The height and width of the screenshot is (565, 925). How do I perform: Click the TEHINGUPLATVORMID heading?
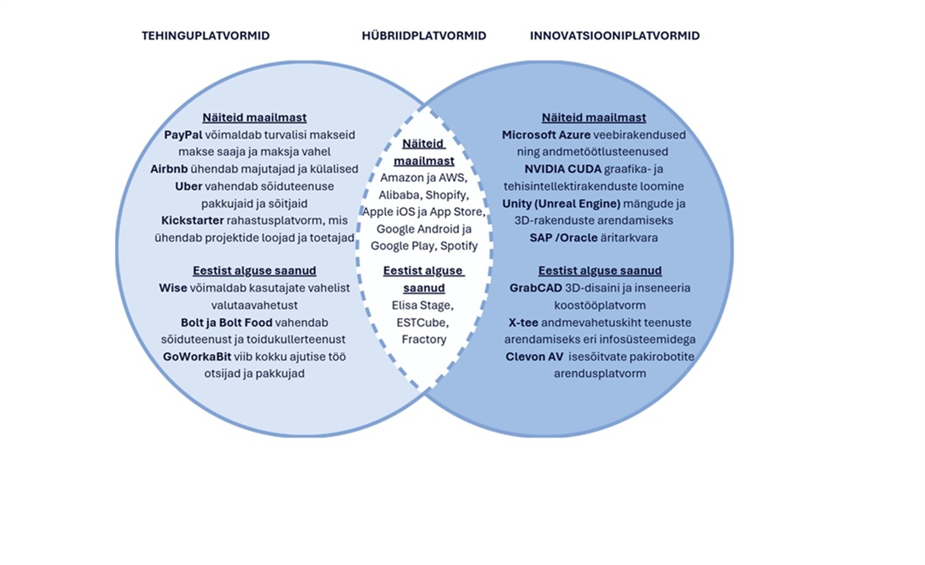[205, 36]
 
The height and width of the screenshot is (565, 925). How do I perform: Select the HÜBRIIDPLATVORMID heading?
[424, 36]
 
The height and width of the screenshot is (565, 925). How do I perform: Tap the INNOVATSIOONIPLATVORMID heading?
[615, 36]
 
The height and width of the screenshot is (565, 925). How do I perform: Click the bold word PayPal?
[183, 135]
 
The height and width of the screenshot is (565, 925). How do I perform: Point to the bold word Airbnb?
[169, 169]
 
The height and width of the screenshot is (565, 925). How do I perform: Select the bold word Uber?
[188, 186]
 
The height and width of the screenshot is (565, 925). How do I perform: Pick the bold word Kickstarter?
[192, 220]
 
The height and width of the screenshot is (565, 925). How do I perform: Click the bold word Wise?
[173, 288]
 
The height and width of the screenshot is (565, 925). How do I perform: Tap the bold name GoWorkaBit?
[197, 356]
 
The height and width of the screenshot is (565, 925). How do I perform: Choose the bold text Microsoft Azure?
[546, 135]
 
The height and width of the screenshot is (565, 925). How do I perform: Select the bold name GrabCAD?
[536, 288]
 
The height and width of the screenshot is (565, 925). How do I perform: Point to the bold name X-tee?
[523, 322]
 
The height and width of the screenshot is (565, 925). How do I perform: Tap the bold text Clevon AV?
[534, 356]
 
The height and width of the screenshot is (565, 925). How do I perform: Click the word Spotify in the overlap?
[459, 246]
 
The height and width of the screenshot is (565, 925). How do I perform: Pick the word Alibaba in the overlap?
[399, 195]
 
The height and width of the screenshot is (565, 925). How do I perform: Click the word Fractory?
[424, 339]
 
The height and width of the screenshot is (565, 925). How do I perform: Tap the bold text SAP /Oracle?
[563, 237]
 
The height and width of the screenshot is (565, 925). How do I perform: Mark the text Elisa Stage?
[422, 305]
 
